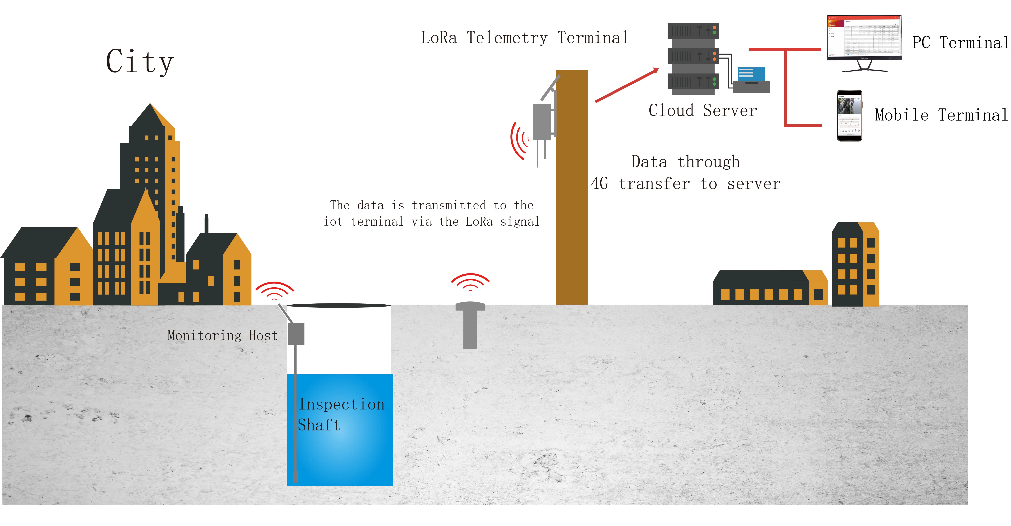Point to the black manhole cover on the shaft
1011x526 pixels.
pyautogui.click(x=339, y=305)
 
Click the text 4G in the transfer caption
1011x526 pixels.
pyautogui.click(x=600, y=184)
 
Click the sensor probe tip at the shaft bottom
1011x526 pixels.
pyautogui.click(x=295, y=477)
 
